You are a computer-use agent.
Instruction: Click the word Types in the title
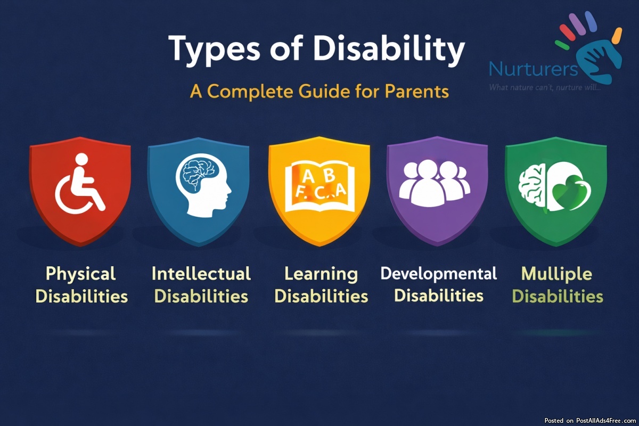tap(214, 49)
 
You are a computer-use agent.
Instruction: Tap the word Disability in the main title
tap(389, 49)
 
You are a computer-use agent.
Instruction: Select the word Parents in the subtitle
tap(417, 92)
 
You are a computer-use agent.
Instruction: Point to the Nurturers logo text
tap(534, 69)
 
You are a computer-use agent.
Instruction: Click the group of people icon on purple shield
tap(435, 183)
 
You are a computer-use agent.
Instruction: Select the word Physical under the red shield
tap(81, 274)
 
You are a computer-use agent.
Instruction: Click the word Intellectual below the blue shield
tap(201, 273)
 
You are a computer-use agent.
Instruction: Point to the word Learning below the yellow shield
tap(321, 274)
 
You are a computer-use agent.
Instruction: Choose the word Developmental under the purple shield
tap(438, 274)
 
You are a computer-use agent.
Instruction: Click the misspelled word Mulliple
tap(556, 274)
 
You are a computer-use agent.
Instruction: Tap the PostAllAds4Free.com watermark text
tap(606, 421)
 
